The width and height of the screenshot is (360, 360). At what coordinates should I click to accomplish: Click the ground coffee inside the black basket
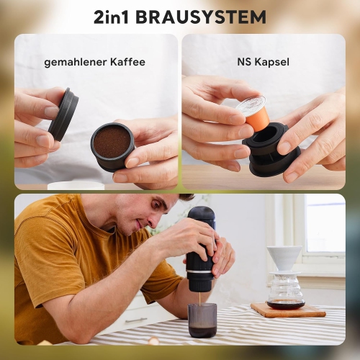click(x=112, y=142)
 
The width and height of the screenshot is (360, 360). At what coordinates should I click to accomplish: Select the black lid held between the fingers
click(x=63, y=113)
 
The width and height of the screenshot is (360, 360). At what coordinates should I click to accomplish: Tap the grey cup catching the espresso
click(x=202, y=320)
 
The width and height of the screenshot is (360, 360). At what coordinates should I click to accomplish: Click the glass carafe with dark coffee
click(x=285, y=292)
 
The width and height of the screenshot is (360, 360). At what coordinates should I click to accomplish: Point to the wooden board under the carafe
click(x=288, y=311)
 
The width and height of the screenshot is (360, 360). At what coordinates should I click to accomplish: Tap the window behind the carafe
click(x=323, y=223)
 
